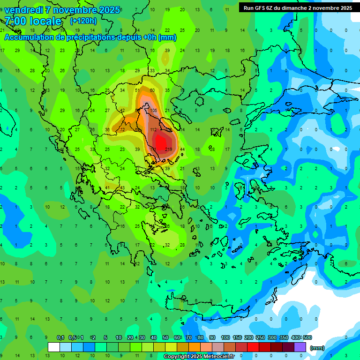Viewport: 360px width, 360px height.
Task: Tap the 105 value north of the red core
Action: (x=154, y=110)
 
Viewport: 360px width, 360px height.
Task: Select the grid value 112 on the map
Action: (x=153, y=130)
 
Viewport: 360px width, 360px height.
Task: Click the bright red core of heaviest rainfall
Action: (x=161, y=142)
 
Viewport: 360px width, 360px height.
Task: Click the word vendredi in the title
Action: (x=23, y=10)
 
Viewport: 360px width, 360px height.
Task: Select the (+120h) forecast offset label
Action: (x=83, y=21)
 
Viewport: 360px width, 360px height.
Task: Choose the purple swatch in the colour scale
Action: (x=300, y=347)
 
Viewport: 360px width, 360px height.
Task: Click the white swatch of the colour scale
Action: (x=54, y=347)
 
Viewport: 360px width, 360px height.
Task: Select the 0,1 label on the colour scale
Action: (x=60, y=337)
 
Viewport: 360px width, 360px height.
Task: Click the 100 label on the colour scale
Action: (x=225, y=337)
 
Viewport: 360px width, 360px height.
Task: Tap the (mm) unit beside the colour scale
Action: (x=317, y=348)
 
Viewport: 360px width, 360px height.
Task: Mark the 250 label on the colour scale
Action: (x=260, y=337)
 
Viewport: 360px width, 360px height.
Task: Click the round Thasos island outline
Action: (x=200, y=101)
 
